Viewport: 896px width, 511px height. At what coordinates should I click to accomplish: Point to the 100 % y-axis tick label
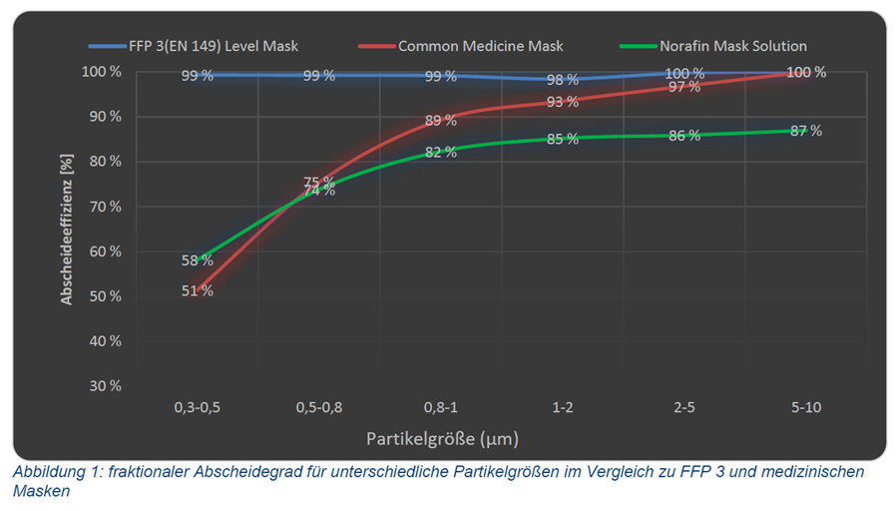point(101,72)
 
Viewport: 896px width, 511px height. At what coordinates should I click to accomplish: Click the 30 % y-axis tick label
point(105,386)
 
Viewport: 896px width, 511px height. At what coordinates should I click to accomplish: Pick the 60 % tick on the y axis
point(105,252)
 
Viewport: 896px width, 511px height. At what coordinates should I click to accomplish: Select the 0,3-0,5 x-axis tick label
point(198,407)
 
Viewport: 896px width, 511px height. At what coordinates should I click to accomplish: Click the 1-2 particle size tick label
point(562,407)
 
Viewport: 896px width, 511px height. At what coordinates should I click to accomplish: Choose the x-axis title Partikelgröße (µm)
point(442,438)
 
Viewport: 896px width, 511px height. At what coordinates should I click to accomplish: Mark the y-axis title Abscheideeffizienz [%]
point(66,230)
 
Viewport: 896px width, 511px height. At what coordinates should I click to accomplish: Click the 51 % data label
point(197,291)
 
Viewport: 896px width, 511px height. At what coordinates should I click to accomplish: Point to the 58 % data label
point(197,260)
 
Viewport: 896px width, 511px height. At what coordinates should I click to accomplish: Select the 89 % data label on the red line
point(440,121)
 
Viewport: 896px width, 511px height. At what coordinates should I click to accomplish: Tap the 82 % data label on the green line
point(440,153)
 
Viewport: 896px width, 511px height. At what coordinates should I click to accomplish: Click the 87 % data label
point(806,131)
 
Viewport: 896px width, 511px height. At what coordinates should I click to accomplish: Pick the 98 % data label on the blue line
point(562,80)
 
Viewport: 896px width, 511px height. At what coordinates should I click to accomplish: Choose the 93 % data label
point(562,102)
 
